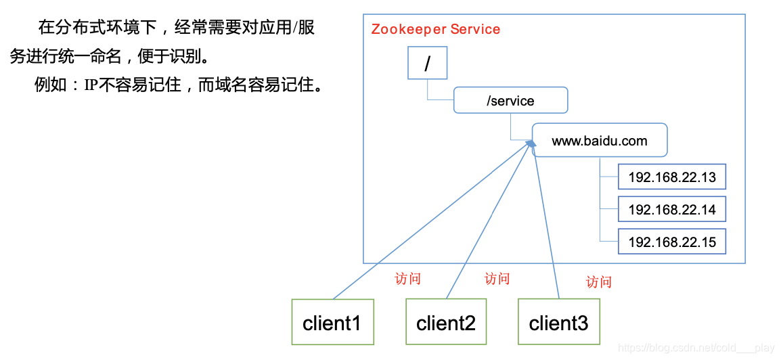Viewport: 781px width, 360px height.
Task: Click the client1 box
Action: (x=332, y=322)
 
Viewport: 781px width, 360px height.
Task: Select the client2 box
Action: (x=446, y=322)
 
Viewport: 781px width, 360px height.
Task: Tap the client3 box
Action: (x=558, y=322)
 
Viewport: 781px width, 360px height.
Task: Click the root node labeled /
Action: (x=427, y=64)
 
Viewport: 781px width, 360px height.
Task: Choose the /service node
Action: (x=510, y=101)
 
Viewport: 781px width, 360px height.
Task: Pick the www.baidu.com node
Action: (x=600, y=141)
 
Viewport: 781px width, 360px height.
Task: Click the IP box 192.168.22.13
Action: (x=671, y=177)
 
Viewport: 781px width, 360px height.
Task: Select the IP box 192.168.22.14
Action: (x=671, y=210)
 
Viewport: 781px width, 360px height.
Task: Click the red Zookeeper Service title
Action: (x=436, y=30)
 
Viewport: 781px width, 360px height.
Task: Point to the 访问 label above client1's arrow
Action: (x=408, y=279)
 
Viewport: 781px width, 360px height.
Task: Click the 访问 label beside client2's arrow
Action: (x=497, y=279)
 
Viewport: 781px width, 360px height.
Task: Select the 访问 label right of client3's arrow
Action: (x=599, y=282)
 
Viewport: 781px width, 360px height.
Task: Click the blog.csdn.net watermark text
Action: (x=696, y=348)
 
